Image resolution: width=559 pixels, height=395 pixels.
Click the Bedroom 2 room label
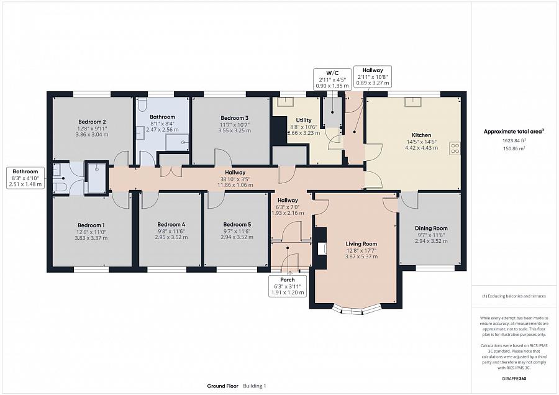[x=92, y=122]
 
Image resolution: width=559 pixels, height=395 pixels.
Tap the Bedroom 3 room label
[x=234, y=118]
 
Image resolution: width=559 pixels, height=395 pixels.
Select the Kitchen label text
[x=421, y=135]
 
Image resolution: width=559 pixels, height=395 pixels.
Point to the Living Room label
[x=361, y=244]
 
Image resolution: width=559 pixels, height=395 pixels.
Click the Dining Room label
[x=431, y=228]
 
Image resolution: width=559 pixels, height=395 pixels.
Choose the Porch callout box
[x=288, y=286]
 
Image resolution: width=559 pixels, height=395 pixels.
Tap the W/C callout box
[x=332, y=79]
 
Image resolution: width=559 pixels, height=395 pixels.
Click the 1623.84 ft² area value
[x=514, y=140]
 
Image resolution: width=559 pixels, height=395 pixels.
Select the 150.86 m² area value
[x=514, y=148]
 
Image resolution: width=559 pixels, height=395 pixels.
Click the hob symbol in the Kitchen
[x=455, y=148]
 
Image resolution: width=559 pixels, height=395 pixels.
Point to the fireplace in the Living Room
[x=322, y=248]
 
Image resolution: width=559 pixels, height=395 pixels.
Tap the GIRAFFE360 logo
[x=514, y=378]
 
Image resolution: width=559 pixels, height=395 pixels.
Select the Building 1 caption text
[x=255, y=386]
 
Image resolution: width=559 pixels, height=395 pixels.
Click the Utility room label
[x=303, y=120]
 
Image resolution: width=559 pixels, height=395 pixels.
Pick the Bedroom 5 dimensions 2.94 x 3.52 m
[x=237, y=237]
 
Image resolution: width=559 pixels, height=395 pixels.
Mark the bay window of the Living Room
[x=357, y=311]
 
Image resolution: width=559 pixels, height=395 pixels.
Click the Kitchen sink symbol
[x=413, y=102]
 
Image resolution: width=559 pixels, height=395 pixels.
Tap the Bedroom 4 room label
[x=171, y=225]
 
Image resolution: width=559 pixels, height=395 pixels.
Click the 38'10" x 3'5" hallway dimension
[x=235, y=179]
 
